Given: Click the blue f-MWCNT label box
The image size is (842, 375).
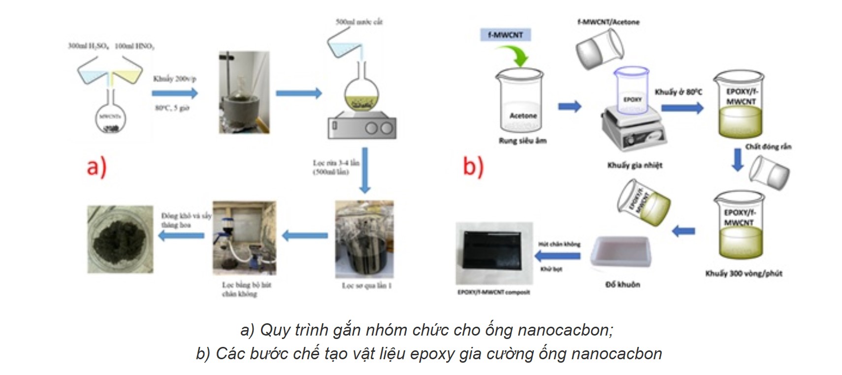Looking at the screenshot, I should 505,35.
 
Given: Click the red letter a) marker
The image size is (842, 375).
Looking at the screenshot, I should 97,167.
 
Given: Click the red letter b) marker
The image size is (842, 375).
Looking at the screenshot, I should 473,167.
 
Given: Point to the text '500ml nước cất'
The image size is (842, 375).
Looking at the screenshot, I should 358,22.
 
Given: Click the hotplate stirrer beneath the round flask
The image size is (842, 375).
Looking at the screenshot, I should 361,126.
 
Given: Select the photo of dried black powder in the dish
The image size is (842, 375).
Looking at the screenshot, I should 120,239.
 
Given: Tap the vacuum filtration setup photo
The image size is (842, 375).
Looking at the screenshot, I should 244,238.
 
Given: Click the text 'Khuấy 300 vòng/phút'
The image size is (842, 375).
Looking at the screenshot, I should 744,273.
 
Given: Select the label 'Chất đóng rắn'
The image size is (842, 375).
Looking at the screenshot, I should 768,147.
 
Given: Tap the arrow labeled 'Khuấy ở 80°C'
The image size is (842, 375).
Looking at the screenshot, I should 682,107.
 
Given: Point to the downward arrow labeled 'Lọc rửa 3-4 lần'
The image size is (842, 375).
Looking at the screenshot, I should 364,170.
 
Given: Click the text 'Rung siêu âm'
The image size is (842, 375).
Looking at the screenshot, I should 522,141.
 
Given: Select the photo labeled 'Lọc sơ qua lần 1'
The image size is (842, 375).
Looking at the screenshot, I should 364,239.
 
